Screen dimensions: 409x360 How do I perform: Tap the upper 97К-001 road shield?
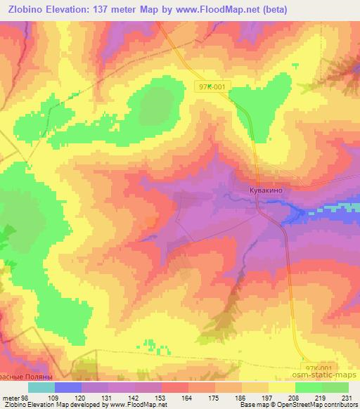[212, 86]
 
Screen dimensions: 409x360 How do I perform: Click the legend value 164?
[186, 397]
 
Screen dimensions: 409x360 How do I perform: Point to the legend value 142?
[133, 397]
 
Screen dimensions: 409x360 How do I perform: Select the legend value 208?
[294, 397]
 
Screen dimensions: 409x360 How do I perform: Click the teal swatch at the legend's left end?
[41, 387]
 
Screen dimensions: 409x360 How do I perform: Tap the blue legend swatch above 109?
[68, 387]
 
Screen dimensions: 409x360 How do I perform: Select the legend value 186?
[240, 397]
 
